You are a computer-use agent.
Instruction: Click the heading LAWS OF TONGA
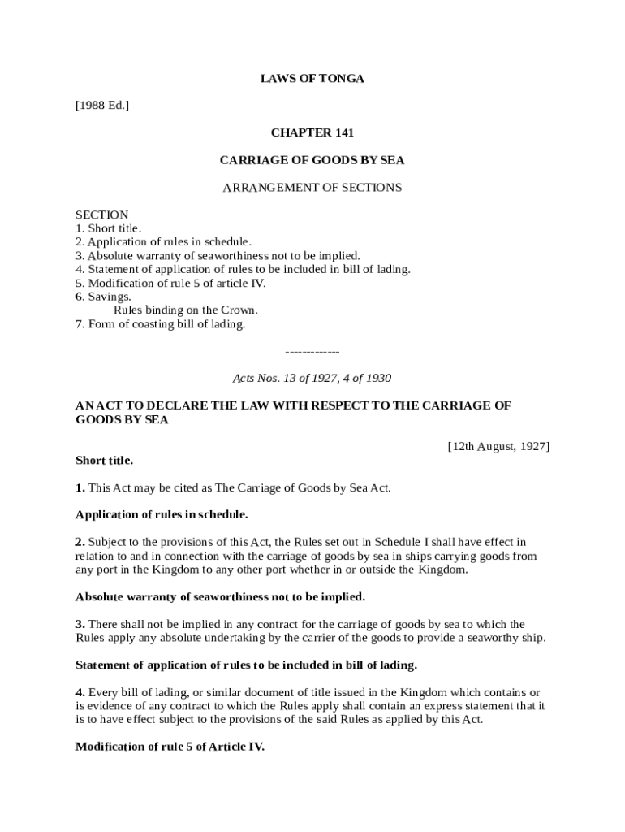point(312,79)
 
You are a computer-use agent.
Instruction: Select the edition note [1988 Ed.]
point(102,106)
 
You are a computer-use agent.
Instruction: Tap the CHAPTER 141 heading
point(312,132)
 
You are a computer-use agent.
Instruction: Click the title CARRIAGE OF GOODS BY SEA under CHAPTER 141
point(312,160)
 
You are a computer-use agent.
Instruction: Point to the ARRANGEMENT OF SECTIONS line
point(312,188)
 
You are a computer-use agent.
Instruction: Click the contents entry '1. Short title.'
point(108,228)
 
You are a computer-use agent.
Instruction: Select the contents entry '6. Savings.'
point(103,297)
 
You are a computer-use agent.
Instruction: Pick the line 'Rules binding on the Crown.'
point(186,310)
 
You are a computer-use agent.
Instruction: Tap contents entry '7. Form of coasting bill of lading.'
point(160,324)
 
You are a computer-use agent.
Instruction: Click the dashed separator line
point(312,352)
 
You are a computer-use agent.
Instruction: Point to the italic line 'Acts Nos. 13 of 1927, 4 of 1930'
point(312,378)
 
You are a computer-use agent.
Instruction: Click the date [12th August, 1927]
point(498,446)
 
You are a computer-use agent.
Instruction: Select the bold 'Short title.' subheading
point(104,461)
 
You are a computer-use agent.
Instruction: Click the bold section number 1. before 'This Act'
point(80,488)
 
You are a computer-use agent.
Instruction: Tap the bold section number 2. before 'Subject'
point(80,542)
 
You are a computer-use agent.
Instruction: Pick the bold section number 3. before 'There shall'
point(80,624)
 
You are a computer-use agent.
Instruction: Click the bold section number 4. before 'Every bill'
point(80,692)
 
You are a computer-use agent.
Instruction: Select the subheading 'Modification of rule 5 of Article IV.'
point(170,747)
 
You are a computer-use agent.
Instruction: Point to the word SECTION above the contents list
point(101,214)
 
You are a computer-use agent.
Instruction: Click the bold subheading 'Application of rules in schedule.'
point(162,515)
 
